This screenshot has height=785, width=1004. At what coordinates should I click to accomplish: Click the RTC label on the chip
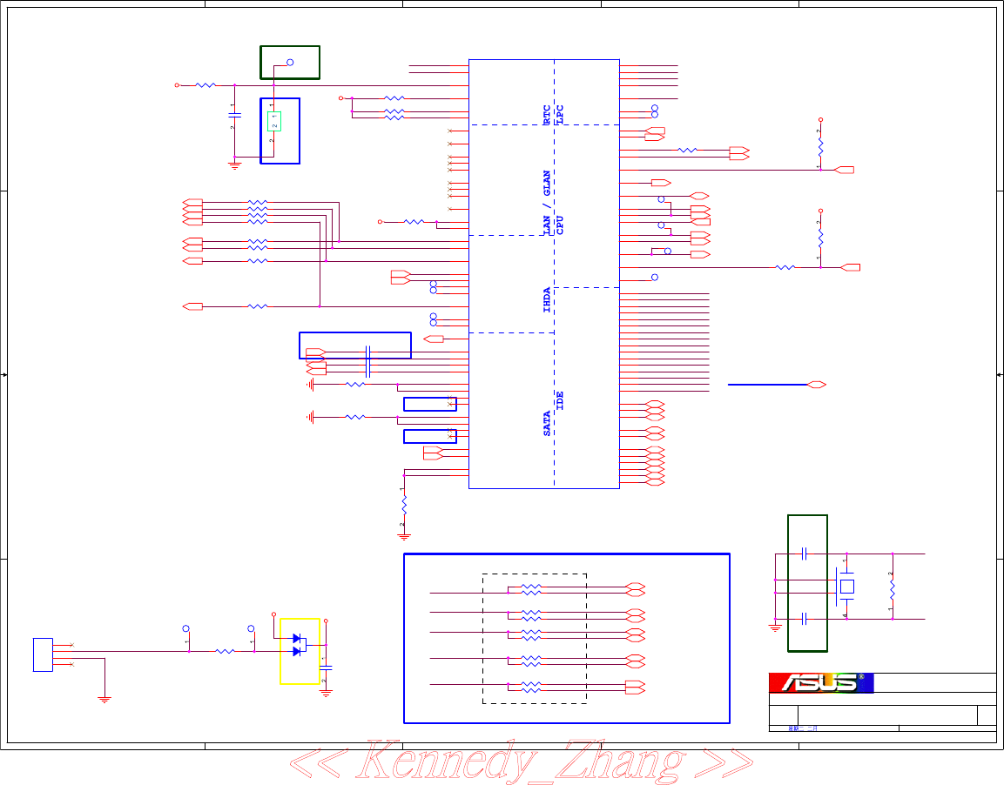pos(547,115)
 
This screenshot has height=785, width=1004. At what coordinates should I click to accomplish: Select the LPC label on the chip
pos(560,112)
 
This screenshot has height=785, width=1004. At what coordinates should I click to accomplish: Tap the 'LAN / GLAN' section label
pos(547,202)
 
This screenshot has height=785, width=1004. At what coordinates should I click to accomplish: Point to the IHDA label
pos(547,299)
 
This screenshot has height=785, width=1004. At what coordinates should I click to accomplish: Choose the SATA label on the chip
pos(547,423)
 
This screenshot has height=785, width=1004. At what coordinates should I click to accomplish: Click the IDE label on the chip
pos(560,400)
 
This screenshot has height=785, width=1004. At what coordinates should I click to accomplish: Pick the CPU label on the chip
pos(560,225)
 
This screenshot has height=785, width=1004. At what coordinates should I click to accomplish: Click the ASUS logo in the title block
pos(820,683)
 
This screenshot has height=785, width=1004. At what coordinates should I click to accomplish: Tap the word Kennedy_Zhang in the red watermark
pos(521,762)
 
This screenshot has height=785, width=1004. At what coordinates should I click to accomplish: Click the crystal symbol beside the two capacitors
pos(846,587)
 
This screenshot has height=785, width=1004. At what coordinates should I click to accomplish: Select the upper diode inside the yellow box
pos(297,639)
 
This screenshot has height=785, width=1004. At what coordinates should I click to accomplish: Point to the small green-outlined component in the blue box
pos(273,121)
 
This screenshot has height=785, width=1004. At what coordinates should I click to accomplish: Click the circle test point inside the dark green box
pos(290,63)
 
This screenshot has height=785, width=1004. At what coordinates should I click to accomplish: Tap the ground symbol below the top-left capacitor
pos(234,164)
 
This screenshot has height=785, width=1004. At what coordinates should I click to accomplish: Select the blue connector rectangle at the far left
pos(43,654)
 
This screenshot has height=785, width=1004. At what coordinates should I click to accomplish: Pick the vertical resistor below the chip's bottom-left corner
pos(403,507)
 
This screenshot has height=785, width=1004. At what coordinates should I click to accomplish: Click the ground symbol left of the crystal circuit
pos(775,625)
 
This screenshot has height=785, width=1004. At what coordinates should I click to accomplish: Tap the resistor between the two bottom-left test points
pos(225,651)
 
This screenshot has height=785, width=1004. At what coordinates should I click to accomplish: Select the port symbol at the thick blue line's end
pos(817,384)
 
